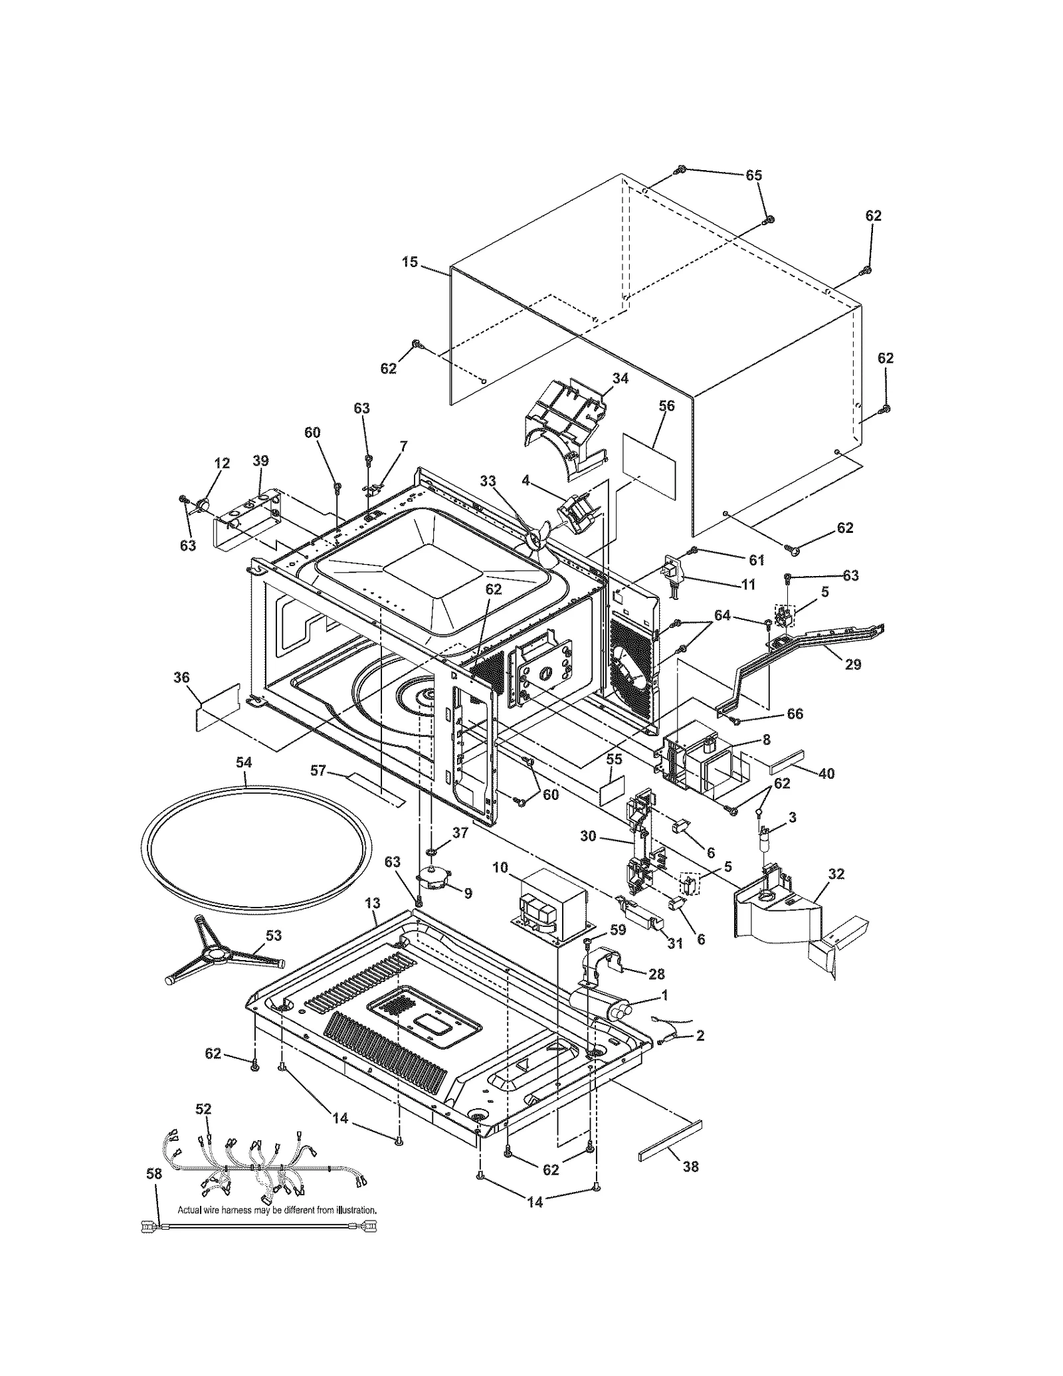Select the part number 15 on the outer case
[x=410, y=262]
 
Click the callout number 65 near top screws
[x=753, y=175]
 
